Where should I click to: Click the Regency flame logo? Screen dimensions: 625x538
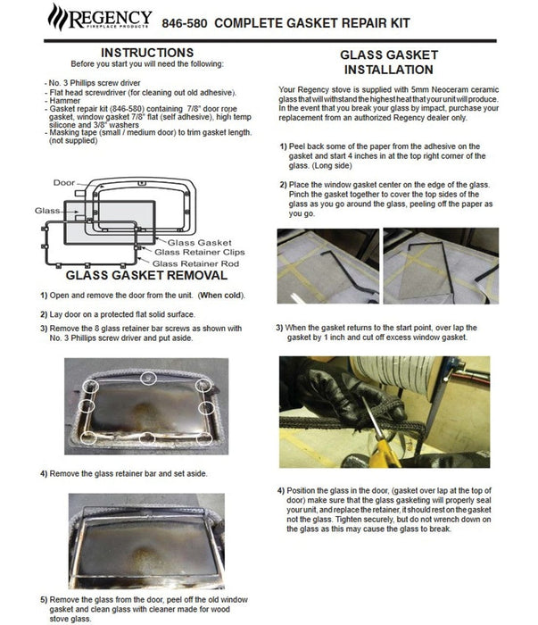click(59, 16)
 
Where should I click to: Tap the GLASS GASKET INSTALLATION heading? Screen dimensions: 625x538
click(388, 62)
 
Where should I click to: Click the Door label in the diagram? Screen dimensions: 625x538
click(64, 182)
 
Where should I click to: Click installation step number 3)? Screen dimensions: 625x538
click(281, 326)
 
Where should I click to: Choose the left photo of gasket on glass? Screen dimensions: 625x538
click(327, 266)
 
